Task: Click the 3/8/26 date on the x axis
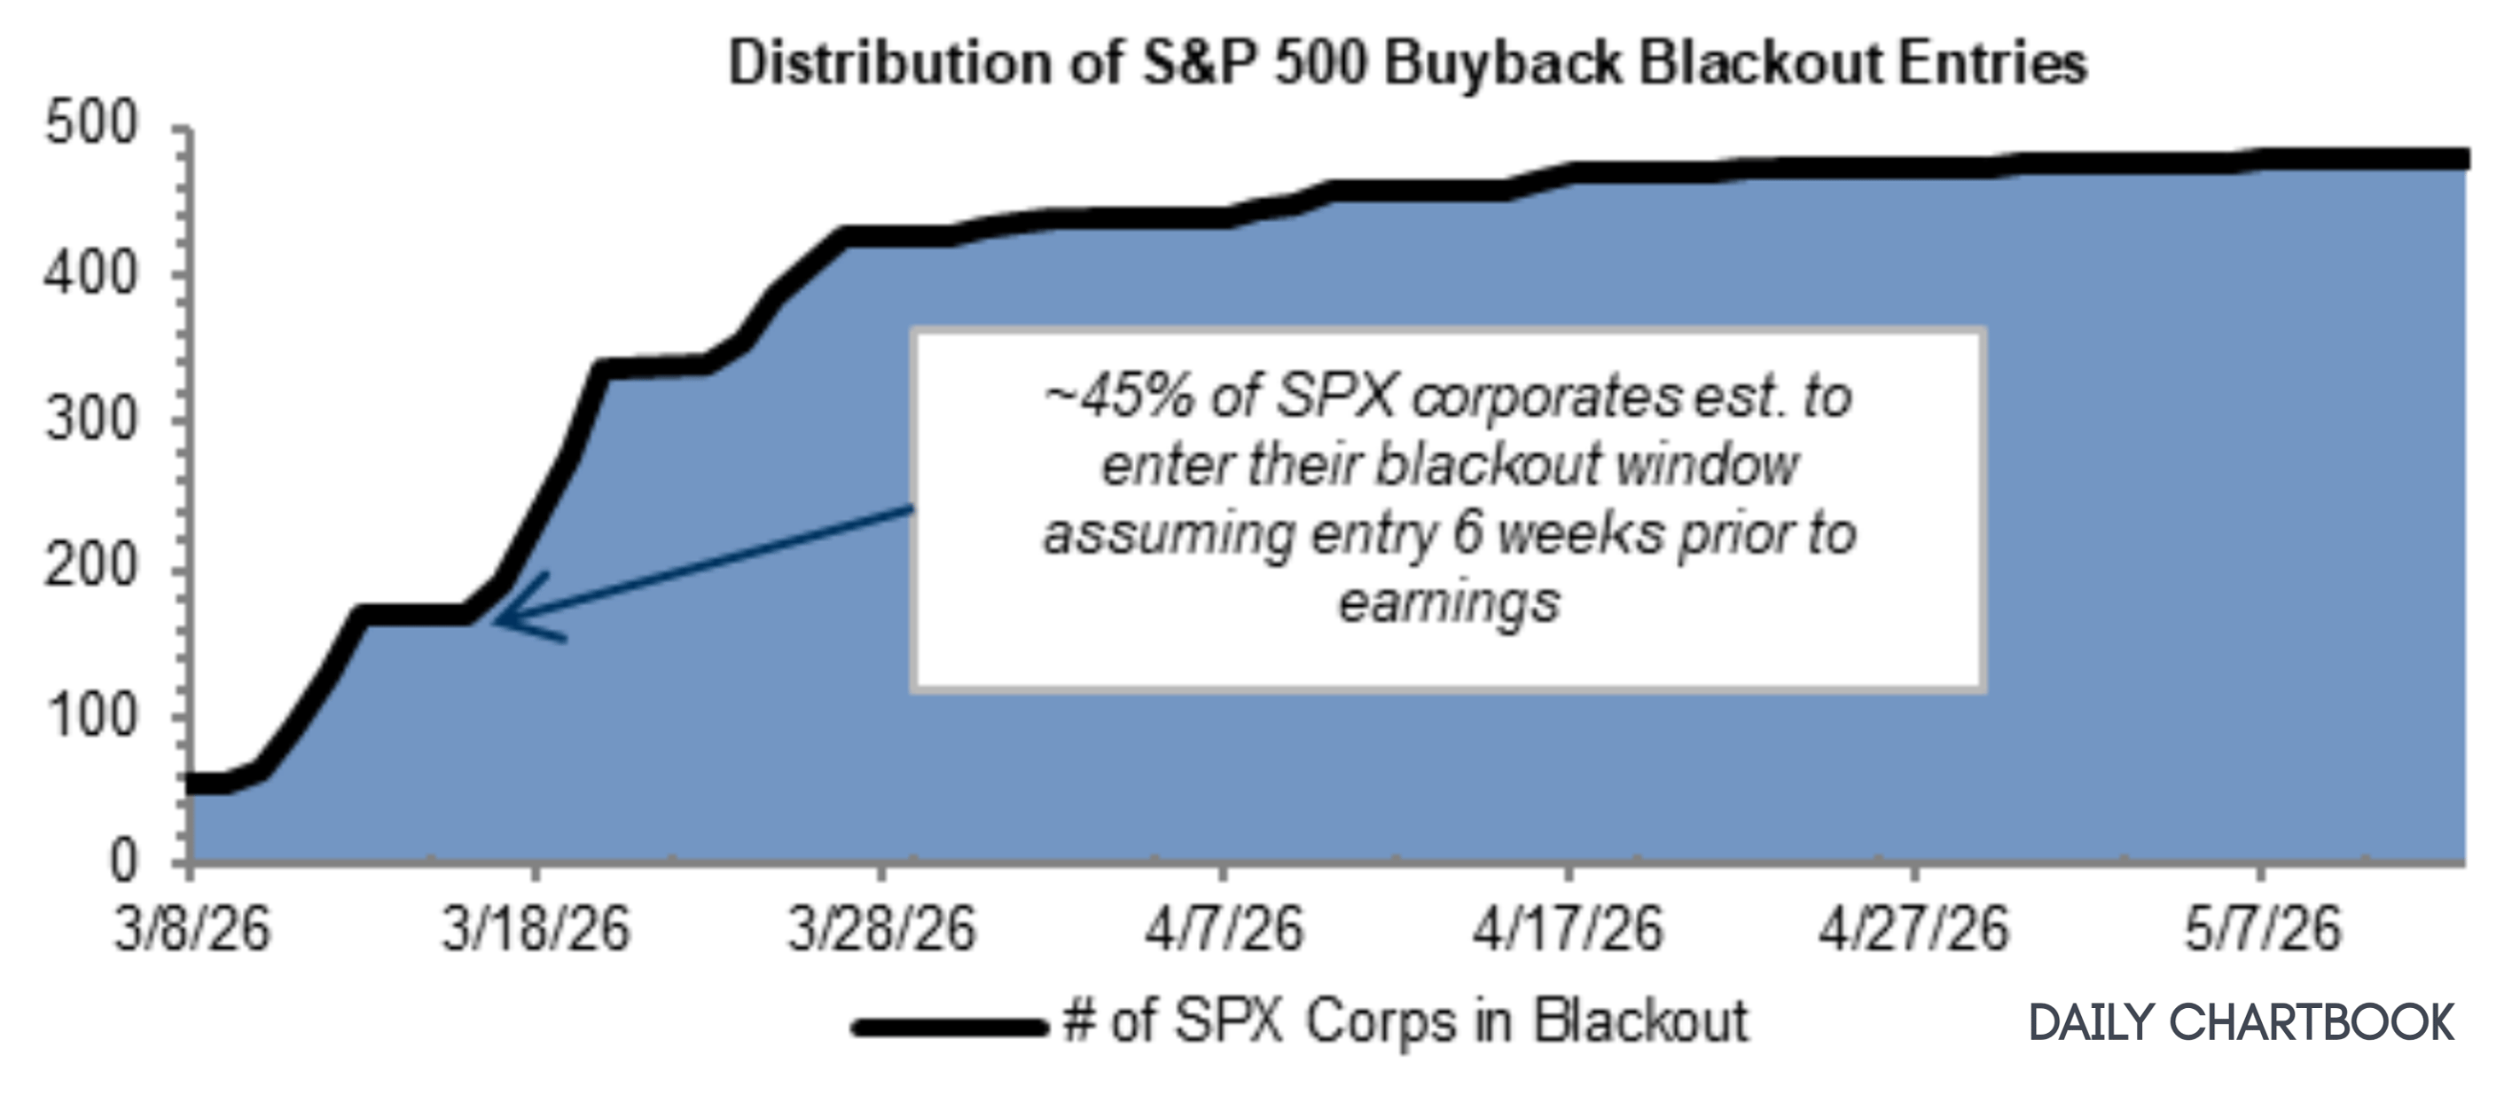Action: point(192,929)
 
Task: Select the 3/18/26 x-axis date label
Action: point(536,929)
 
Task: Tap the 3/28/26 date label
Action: point(880,929)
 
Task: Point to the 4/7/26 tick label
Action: point(1223,929)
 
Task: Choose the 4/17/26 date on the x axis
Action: point(1567,929)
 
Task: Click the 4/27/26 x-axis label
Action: point(1913,929)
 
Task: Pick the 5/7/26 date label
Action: point(2262,929)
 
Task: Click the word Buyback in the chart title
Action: point(1502,64)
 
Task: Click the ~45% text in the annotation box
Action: point(1118,398)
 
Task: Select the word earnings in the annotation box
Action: point(1448,603)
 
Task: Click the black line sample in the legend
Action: point(949,1026)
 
